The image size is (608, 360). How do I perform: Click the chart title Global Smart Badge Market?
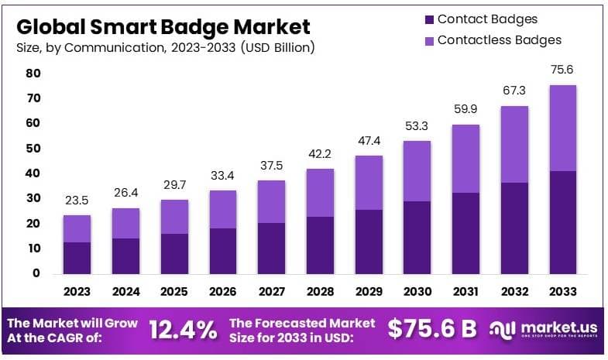(163, 26)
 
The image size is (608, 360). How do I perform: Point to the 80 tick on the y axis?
(33, 74)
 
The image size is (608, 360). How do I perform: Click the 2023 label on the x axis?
(77, 292)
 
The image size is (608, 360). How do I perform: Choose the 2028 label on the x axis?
(320, 292)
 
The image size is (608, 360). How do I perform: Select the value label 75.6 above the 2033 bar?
(563, 70)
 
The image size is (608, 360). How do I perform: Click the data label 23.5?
(77, 200)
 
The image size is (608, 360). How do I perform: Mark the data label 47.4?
(369, 140)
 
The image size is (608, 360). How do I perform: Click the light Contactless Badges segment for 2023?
(77, 228)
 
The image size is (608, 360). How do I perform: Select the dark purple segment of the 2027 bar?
(271, 248)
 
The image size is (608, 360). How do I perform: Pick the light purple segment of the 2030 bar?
(417, 171)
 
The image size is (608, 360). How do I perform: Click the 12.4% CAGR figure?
(183, 330)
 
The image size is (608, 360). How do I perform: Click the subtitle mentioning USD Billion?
(165, 48)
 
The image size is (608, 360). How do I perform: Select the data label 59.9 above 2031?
(466, 109)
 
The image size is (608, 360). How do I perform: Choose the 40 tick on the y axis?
(33, 173)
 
